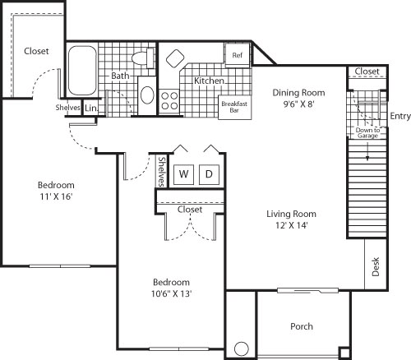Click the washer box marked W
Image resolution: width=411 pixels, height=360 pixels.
click(x=184, y=174)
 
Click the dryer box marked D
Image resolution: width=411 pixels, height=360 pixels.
click(x=209, y=174)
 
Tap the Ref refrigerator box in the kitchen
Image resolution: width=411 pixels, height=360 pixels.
click(x=237, y=55)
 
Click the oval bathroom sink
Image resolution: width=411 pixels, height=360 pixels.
click(x=147, y=94)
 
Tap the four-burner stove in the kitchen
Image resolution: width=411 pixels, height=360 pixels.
click(x=170, y=101)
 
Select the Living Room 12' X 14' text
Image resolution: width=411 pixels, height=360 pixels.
click(x=291, y=221)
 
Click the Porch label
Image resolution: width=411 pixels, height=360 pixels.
click(x=301, y=326)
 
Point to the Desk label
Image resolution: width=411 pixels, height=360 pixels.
click(x=376, y=268)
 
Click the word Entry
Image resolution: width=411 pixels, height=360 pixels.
click(x=400, y=115)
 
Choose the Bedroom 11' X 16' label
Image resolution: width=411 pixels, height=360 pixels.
click(x=55, y=191)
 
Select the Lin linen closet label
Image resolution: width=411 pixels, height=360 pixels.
click(x=90, y=108)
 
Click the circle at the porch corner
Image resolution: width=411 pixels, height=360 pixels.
click(x=241, y=348)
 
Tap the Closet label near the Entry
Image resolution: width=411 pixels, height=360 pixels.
click(x=367, y=72)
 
